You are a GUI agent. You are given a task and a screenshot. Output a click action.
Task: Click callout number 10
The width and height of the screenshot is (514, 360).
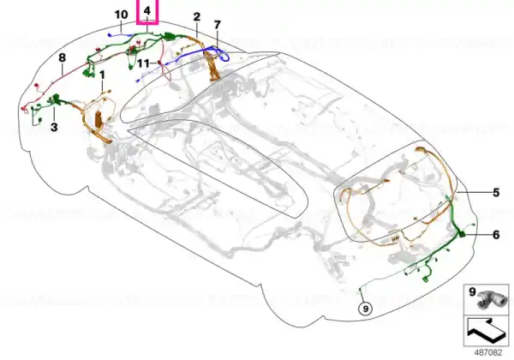point(121,15)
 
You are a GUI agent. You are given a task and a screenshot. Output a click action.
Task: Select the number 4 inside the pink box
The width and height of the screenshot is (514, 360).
point(147,11)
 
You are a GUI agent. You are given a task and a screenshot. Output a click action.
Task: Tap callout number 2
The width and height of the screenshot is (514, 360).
point(197,17)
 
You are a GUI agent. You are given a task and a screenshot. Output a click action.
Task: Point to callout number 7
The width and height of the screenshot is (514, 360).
point(218,25)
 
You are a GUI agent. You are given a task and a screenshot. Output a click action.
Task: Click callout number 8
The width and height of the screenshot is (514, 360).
point(63,58)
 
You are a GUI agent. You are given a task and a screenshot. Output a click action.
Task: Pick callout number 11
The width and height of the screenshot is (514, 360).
point(143,63)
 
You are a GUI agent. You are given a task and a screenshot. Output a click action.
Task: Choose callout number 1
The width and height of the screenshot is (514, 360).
point(102,75)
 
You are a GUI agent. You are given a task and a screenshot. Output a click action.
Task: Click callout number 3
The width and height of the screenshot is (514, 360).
point(54,127)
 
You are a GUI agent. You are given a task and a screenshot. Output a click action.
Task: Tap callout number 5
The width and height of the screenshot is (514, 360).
point(496,193)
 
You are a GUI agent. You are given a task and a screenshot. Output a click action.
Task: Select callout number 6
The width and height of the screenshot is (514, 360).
point(496,235)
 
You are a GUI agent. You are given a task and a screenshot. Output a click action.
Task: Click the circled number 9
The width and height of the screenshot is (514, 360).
point(366,309)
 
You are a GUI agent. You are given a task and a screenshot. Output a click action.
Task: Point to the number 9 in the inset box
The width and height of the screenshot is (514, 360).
point(472,291)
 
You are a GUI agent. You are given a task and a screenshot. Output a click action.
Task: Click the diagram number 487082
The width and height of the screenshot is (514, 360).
point(488,353)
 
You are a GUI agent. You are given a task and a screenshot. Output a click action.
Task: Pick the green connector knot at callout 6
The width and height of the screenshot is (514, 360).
point(462,234)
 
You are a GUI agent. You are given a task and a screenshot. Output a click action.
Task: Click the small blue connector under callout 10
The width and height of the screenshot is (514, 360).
point(110,34)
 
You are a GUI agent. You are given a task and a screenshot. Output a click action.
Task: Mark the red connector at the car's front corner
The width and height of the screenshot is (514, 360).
point(23,109)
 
